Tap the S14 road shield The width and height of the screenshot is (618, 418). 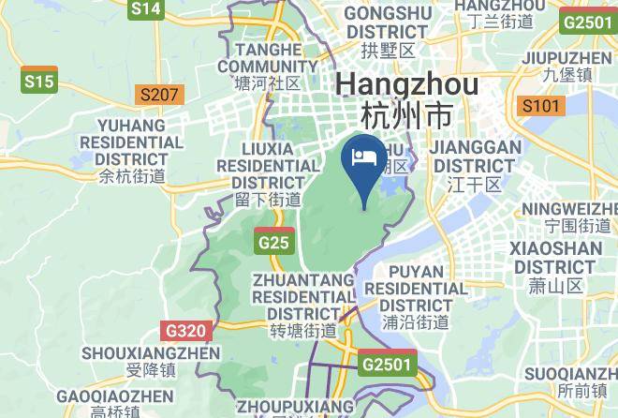pyautogui.click(x=146, y=9)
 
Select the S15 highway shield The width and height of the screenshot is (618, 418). pyautogui.click(x=39, y=82)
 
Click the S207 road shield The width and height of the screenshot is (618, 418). pyautogui.click(x=158, y=95)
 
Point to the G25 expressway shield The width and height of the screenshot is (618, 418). pyautogui.click(x=274, y=243)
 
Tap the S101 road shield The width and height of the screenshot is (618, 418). pyautogui.click(x=541, y=105)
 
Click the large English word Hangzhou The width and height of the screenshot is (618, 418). pyautogui.click(x=407, y=85)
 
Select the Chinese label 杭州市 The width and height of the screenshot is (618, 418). pyautogui.click(x=406, y=116)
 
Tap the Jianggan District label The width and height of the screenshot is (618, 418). pyautogui.click(x=475, y=165)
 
